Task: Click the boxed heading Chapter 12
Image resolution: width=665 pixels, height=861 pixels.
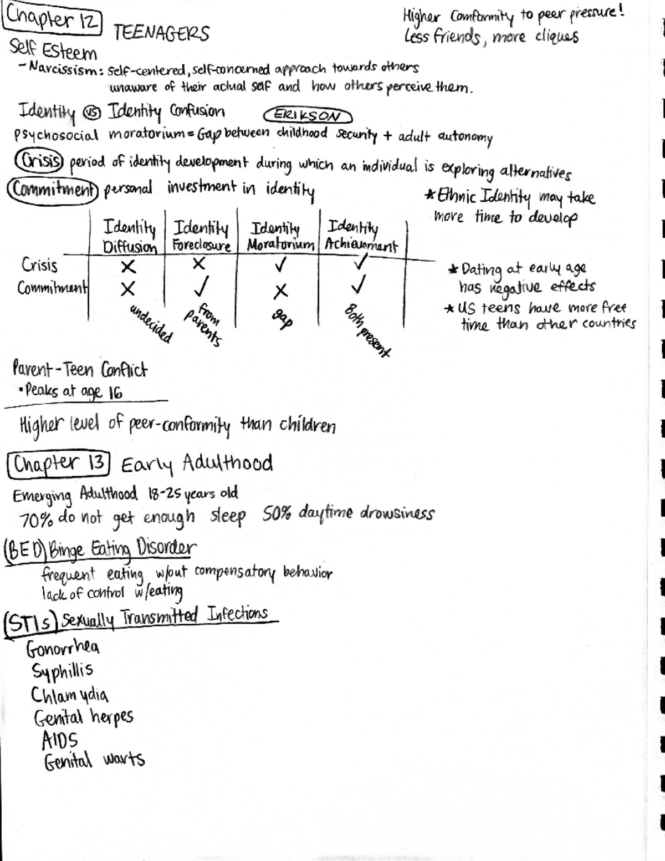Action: click(53, 20)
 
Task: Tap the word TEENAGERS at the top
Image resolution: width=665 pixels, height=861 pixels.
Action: click(161, 34)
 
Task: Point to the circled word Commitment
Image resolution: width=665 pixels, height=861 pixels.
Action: click(53, 189)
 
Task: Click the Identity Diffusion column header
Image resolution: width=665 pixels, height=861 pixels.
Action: click(130, 236)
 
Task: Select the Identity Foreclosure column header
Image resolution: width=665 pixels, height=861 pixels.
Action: click(201, 236)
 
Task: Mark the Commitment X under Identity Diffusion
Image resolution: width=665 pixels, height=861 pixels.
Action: click(128, 289)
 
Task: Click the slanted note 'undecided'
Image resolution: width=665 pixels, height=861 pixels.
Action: click(151, 324)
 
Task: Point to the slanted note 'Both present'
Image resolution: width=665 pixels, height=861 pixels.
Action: click(367, 330)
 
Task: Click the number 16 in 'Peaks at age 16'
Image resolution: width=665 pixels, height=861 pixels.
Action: click(115, 393)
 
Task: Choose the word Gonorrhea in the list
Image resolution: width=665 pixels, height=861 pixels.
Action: click(63, 648)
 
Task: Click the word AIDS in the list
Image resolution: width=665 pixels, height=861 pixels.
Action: click(60, 740)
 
